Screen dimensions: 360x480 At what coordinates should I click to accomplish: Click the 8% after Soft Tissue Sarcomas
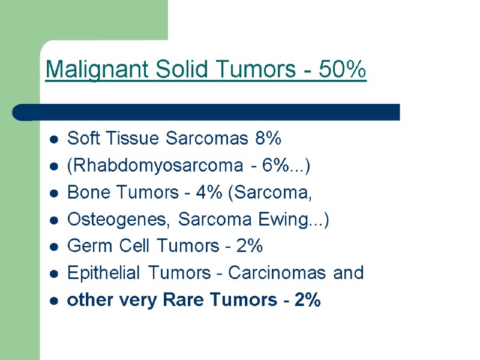[x=268, y=139]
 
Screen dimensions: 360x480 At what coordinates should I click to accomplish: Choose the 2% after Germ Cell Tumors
[x=248, y=246]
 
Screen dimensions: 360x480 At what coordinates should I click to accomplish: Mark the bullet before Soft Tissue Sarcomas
[x=54, y=140]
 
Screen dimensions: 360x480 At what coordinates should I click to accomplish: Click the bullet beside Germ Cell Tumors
[x=54, y=247]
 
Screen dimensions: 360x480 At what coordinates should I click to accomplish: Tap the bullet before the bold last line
[x=54, y=301]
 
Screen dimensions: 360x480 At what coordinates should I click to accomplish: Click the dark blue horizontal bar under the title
[x=216, y=112]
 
